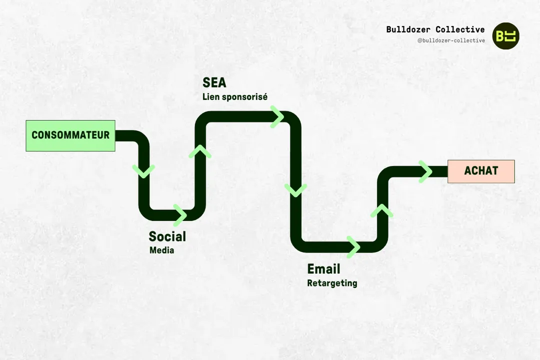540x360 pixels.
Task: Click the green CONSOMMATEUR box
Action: (x=70, y=135)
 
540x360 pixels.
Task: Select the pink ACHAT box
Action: (x=481, y=171)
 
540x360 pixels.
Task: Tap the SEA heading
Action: (x=214, y=82)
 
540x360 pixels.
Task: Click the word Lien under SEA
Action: (x=210, y=97)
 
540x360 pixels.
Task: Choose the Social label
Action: (x=167, y=236)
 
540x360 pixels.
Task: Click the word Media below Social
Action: (x=161, y=250)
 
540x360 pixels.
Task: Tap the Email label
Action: (x=323, y=269)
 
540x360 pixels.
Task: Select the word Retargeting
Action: (x=332, y=283)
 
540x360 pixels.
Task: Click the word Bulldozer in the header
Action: (x=407, y=29)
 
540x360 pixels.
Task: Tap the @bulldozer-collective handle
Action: (x=451, y=40)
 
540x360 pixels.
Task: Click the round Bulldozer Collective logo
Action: (x=505, y=35)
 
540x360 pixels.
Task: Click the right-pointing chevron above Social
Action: (x=180, y=215)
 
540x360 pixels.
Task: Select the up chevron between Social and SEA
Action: (x=199, y=151)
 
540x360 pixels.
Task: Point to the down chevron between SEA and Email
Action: (x=295, y=190)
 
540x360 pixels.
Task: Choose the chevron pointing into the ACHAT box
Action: (x=425, y=171)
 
